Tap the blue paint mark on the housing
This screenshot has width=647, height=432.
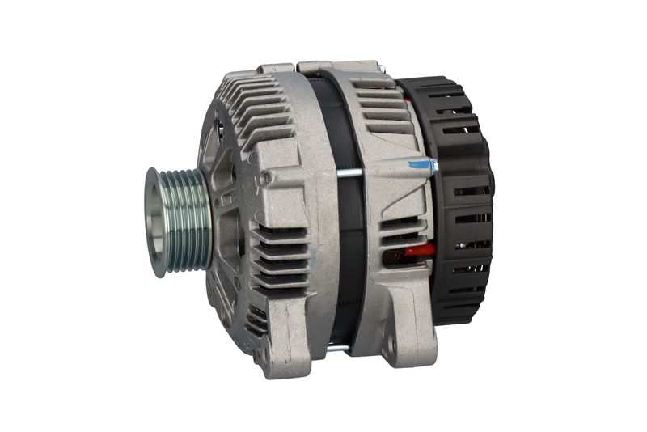coord(420,165)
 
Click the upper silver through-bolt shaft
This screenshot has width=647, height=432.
coord(348,172)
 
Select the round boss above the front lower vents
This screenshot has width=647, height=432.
coord(265,177)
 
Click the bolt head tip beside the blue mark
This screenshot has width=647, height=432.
coord(434,167)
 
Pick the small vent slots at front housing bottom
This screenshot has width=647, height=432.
coord(256,320)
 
